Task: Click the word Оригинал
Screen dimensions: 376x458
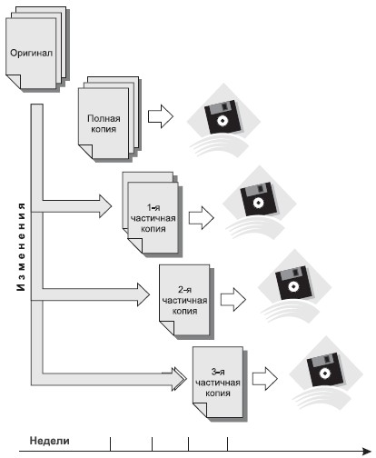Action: [x=31, y=53]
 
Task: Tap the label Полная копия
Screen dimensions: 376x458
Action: [x=104, y=124]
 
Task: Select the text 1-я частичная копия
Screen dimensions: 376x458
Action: [x=153, y=218]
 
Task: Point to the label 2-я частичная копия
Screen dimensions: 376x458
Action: [x=184, y=301]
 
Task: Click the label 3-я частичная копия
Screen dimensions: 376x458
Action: [x=218, y=383]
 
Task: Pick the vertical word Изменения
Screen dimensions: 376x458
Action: [x=21, y=247]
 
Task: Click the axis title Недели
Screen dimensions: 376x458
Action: [x=49, y=441]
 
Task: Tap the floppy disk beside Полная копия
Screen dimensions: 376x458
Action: [x=223, y=116]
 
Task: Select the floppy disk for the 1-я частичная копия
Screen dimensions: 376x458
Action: [x=258, y=199]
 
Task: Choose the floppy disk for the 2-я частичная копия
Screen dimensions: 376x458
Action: [x=293, y=283]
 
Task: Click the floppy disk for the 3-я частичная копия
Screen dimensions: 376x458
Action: [x=325, y=369]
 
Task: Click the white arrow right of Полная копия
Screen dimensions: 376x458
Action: [x=161, y=116]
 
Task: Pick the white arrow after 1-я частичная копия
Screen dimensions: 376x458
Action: [x=202, y=218]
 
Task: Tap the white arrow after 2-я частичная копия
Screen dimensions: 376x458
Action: [x=233, y=300]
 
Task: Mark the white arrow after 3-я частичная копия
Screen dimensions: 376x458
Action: [x=265, y=379]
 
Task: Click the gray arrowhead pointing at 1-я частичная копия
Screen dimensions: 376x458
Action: [x=105, y=206]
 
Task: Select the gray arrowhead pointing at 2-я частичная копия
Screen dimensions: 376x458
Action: [x=143, y=294]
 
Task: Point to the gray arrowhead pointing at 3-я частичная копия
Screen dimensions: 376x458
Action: [x=180, y=379]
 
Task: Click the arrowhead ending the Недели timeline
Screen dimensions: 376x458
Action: [x=367, y=452]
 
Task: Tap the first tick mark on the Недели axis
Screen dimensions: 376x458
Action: [x=111, y=444]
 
